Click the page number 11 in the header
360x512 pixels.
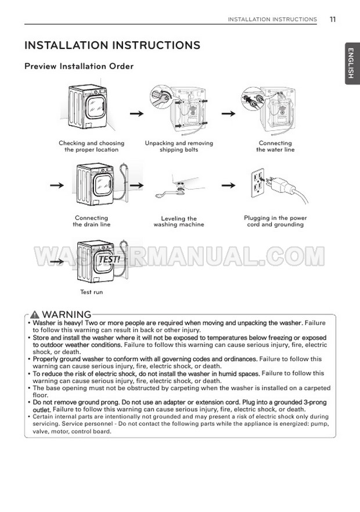[x=332, y=19]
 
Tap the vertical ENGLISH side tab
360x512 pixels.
[x=351, y=63]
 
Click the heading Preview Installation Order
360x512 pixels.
[x=78, y=66]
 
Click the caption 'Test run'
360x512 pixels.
[x=91, y=292]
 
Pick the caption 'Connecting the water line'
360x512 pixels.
[x=275, y=146]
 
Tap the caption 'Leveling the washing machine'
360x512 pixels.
[x=179, y=221]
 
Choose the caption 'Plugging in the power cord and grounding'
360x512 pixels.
[x=275, y=221]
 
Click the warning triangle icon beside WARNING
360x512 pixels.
[x=36, y=314]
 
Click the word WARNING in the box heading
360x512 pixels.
[x=67, y=314]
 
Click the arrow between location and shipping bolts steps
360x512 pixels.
[x=136, y=113]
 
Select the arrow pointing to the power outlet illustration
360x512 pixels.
[x=229, y=186]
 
